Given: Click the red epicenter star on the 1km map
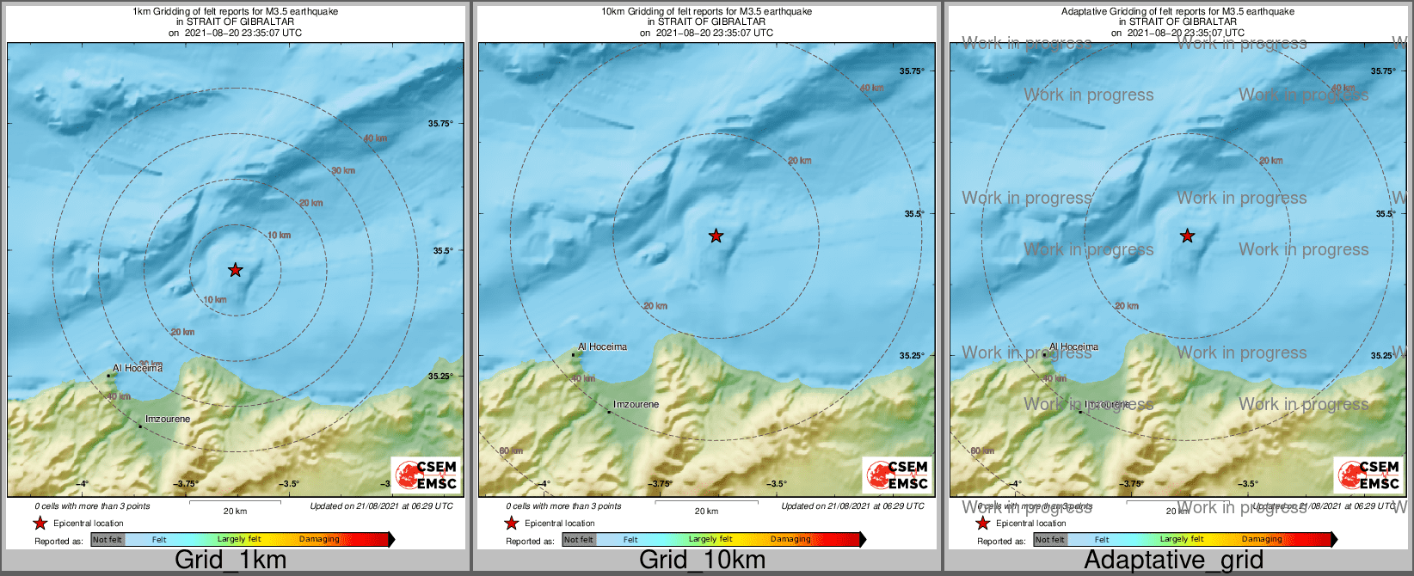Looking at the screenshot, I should point(235,270).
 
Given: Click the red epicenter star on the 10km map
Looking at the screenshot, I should point(716,236).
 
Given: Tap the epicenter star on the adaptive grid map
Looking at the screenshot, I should point(1187,236).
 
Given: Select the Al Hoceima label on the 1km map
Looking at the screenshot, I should point(138,368).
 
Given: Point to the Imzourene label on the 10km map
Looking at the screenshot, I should point(636,404).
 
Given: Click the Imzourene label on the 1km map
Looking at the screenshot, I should point(168,420).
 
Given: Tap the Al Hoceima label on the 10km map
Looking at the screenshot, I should point(602,347).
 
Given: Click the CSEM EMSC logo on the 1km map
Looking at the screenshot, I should point(426,475).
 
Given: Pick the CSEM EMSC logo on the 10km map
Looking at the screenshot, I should point(897,475).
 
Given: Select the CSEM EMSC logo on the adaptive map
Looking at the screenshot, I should point(1368,475).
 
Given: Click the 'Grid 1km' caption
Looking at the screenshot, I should point(231,561).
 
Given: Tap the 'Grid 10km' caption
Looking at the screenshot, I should point(702,561).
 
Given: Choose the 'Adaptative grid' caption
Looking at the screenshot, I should point(1173,561).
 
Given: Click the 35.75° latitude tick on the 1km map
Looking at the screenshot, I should point(440,124).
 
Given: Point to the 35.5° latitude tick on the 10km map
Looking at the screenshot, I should point(913,214).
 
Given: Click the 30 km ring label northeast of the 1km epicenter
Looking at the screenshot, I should point(343,170).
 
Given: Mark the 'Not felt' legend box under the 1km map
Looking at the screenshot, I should point(108,540).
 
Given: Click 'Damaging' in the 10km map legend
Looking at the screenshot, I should point(790,540).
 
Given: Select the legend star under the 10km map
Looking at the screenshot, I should point(511,523).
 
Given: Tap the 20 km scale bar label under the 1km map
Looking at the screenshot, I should point(235,512).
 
